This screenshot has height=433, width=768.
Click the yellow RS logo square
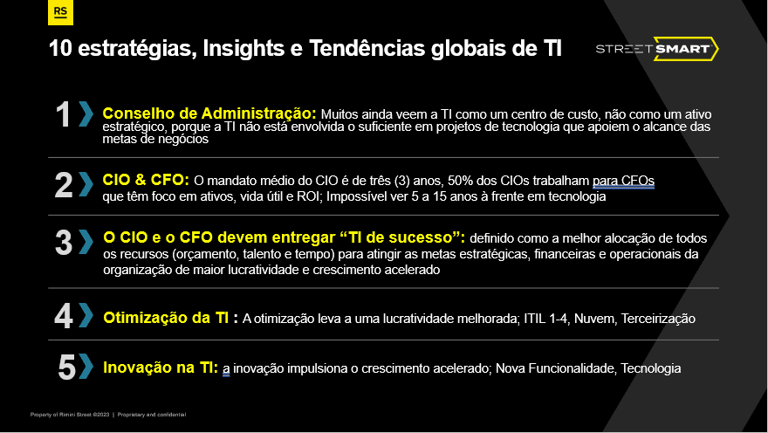click(x=60, y=12)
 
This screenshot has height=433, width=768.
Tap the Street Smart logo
click(x=657, y=49)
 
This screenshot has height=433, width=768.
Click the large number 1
click(x=63, y=115)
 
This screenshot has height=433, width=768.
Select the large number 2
click(x=64, y=185)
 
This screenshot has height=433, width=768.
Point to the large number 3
click(x=64, y=243)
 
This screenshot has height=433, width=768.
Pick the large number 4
click(x=64, y=316)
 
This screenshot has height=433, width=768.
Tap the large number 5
click(x=67, y=367)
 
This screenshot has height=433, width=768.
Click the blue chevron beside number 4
click(x=86, y=315)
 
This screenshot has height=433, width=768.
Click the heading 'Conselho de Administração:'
click(x=209, y=113)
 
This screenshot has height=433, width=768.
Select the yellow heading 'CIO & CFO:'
click(x=146, y=180)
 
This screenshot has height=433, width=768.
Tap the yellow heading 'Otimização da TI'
click(x=166, y=318)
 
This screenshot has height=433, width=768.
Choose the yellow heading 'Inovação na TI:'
click(x=161, y=368)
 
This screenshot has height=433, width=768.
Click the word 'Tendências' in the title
click(x=367, y=48)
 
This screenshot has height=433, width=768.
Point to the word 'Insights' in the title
click(x=243, y=49)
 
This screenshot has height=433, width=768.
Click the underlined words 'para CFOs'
click(x=623, y=181)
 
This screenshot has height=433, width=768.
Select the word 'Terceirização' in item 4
click(x=658, y=319)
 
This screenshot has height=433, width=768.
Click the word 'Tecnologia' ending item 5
click(x=651, y=368)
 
